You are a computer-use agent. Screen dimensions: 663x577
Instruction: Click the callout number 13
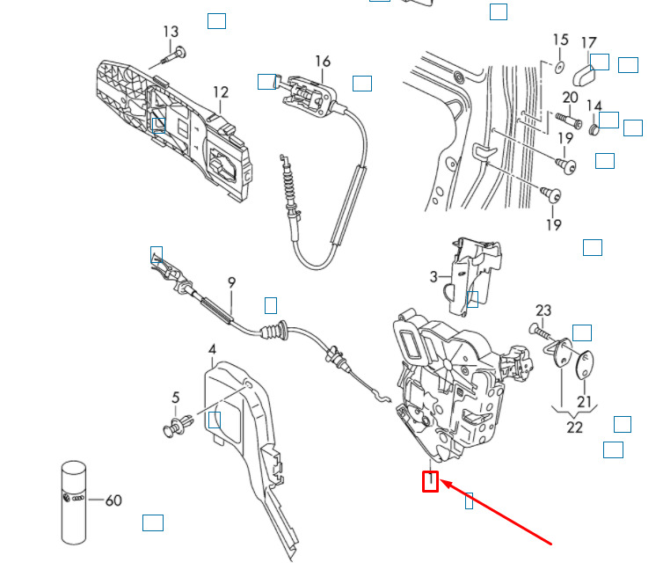pyautogui.click(x=171, y=32)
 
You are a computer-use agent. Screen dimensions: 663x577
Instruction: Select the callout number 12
pyautogui.click(x=221, y=92)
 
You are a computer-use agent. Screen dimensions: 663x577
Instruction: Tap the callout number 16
pyautogui.click(x=323, y=62)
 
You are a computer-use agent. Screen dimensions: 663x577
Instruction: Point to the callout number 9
pyautogui.click(x=231, y=282)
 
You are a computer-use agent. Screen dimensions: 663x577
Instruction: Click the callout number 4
pyautogui.click(x=212, y=349)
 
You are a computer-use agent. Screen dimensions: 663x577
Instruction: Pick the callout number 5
pyautogui.click(x=176, y=398)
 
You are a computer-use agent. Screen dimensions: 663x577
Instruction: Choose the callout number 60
pyautogui.click(x=113, y=500)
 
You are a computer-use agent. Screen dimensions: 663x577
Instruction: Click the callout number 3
pyautogui.click(x=433, y=277)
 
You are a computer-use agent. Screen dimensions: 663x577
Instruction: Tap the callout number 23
pyautogui.click(x=543, y=310)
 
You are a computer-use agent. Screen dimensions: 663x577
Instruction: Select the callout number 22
pyautogui.click(x=574, y=427)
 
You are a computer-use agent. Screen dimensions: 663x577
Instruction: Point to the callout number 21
pyautogui.click(x=584, y=401)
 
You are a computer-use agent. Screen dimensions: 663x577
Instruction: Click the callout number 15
pyautogui.click(x=561, y=40)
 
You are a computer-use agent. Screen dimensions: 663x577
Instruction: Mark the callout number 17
pyautogui.click(x=588, y=43)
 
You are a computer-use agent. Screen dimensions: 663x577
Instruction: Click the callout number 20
pyautogui.click(x=570, y=98)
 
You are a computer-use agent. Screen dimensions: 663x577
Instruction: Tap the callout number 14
pyautogui.click(x=594, y=106)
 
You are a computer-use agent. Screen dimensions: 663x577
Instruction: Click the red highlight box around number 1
pyautogui.click(x=431, y=481)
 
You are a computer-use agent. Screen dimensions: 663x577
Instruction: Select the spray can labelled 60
pyautogui.click(x=74, y=502)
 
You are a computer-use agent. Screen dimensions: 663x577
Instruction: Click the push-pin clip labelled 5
pyautogui.click(x=178, y=425)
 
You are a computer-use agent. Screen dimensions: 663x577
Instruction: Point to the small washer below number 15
pyautogui.click(x=559, y=67)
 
